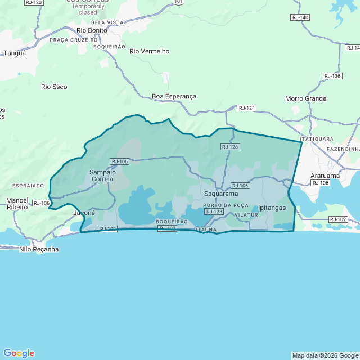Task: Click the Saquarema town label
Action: pos(221,193)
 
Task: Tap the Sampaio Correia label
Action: pos(102,175)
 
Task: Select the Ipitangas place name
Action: pos(272,208)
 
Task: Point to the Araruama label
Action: pos(326,175)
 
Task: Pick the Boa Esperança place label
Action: pos(174,96)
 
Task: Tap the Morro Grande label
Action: pos(306,98)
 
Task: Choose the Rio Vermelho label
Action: pos(149,51)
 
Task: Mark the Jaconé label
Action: pos(84,213)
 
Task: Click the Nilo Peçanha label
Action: pos(39,249)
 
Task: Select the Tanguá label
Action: pos(15,53)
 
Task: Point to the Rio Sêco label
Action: pos(55,87)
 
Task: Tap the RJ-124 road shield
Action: pos(247,107)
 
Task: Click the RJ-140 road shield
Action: pos(300,17)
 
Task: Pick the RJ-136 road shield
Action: pos(332,76)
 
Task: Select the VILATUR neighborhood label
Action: pos(246,215)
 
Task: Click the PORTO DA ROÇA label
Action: pos(226,205)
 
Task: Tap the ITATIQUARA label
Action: pos(317,138)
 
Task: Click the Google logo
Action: pos(19,353)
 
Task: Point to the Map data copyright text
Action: pos(325,355)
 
